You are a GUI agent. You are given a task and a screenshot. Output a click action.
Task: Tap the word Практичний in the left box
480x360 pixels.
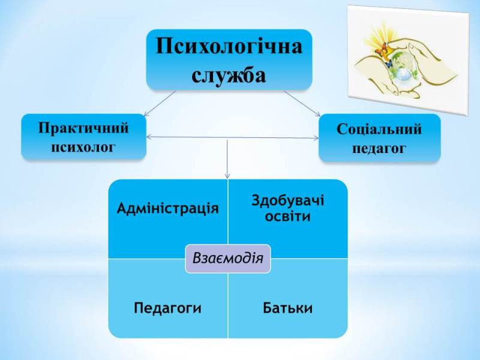click(x=83, y=128)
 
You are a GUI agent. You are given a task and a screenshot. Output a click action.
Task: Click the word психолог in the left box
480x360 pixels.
click(x=83, y=146)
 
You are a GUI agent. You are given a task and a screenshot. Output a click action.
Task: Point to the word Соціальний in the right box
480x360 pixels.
click(x=379, y=129)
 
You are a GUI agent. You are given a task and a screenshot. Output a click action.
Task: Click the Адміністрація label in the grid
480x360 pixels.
click(x=167, y=208)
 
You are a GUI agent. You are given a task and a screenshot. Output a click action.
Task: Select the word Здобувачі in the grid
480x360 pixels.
click(x=287, y=200)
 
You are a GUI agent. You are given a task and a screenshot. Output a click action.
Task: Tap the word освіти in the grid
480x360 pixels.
click(x=287, y=216)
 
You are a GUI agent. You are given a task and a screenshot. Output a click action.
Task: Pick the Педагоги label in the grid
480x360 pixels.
click(x=167, y=308)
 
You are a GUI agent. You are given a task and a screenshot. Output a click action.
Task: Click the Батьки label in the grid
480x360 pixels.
click(x=287, y=308)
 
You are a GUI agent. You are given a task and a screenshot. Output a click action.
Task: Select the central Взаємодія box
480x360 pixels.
click(x=228, y=258)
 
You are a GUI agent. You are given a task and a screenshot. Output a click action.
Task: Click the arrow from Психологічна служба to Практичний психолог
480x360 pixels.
click(x=160, y=103)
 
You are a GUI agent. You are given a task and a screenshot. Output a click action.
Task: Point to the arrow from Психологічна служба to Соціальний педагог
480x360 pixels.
click(x=302, y=103)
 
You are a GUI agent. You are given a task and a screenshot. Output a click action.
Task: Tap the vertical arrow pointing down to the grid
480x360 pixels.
click(x=227, y=159)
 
